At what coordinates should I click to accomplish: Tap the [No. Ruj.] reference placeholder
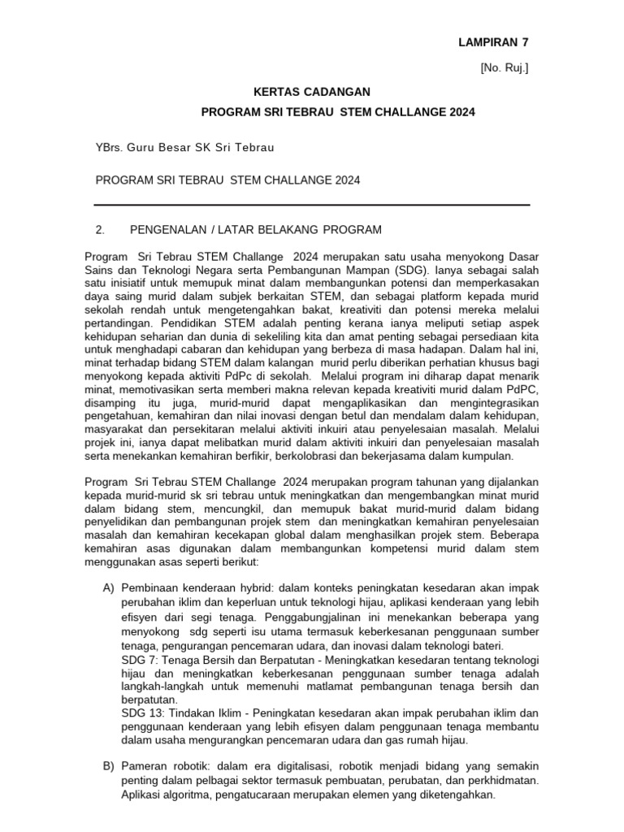coord(505,68)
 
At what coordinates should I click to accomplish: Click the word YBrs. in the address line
coord(110,147)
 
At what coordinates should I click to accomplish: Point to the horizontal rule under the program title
coord(312,205)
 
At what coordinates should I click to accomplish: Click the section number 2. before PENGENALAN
coord(101,230)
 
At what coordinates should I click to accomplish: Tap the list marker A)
coord(109,587)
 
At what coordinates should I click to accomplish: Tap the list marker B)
coord(109,766)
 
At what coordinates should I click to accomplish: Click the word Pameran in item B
coord(142,766)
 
